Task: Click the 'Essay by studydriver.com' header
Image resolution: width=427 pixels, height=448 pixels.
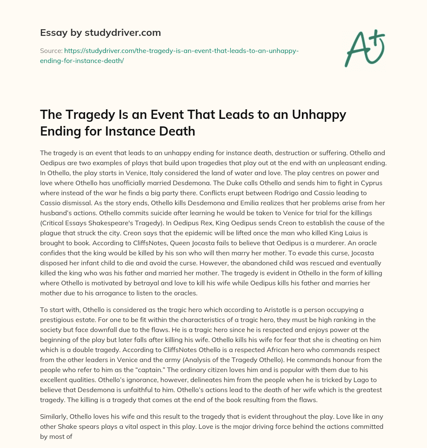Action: coord(100,33)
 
